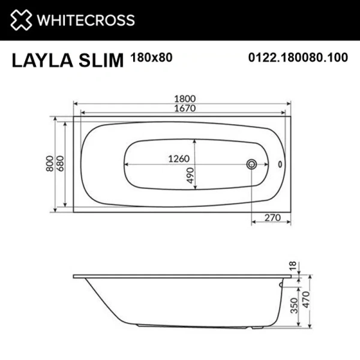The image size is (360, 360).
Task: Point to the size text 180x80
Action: (x=147, y=58)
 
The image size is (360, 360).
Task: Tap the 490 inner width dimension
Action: (x=189, y=175)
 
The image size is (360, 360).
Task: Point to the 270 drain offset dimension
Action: (x=271, y=220)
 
